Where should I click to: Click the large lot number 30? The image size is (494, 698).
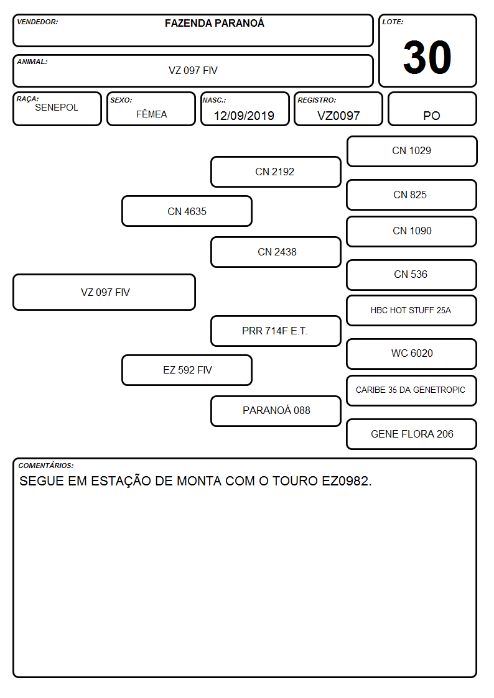[427, 57]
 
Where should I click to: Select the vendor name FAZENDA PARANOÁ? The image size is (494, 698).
[214, 23]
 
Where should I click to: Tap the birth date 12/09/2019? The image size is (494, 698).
[244, 116]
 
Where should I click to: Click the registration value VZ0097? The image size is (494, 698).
[338, 116]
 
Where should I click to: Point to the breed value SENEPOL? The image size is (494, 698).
[57, 108]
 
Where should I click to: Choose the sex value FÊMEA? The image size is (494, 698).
[151, 114]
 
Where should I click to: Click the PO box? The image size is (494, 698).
[432, 109]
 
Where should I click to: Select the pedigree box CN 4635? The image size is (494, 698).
[187, 211]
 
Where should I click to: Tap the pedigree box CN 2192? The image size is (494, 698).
[276, 172]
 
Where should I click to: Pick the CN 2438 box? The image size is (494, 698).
[276, 252]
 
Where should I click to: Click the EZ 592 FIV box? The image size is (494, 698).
[187, 370]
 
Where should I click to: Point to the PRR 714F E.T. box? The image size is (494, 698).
[276, 331]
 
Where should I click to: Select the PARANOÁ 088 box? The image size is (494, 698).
[276, 411]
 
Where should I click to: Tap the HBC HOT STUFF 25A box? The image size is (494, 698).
[412, 310]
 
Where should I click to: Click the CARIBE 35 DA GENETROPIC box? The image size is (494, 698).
[412, 390]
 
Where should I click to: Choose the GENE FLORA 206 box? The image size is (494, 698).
[412, 434]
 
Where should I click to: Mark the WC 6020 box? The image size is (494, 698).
[412, 354]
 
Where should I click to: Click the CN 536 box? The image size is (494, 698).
[412, 275]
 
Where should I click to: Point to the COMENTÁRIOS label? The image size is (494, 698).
[46, 466]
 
